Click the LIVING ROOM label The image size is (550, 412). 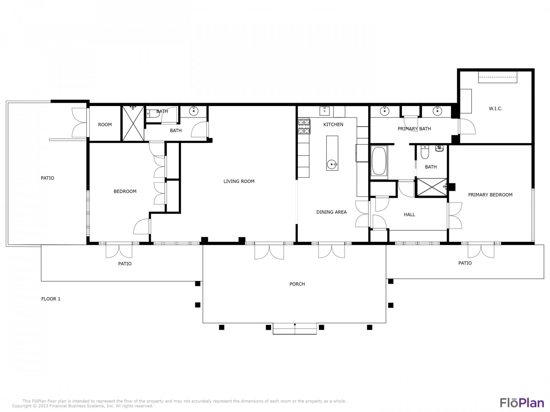coord(239,181)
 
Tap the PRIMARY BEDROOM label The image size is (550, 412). coord(490,195)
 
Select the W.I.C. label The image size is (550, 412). coord(495,109)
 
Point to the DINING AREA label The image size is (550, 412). coord(331,212)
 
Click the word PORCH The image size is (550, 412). coord(297,284)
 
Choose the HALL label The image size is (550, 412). coord(409,215)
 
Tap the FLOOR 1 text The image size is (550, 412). coord(51,299)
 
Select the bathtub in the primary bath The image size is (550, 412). coord(379,161)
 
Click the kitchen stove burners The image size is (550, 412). coord(304,127)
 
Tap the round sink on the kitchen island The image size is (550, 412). coord(332,164)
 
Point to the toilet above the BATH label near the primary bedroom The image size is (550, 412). coord(424,152)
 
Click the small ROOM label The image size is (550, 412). coord(105,125)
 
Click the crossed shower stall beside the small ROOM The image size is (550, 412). coord(133,123)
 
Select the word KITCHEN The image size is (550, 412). coord(333,125)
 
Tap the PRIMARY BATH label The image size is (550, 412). coord(414,129)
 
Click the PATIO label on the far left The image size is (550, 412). coord(47,178)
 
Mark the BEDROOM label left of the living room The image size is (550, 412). coord(125,192)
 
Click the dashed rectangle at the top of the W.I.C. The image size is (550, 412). coord(497,77)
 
